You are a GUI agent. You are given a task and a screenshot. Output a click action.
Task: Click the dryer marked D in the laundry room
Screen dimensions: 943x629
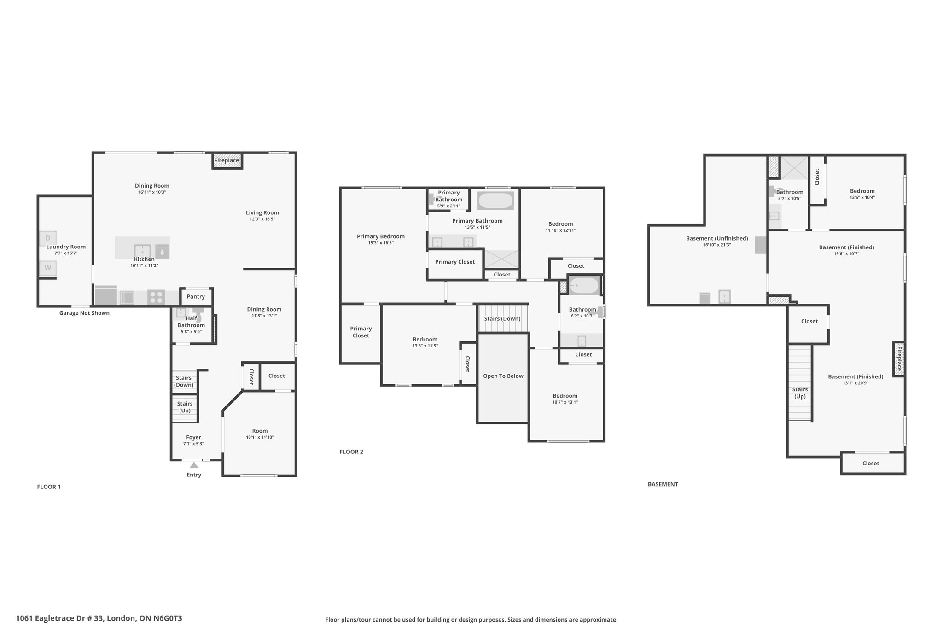(48, 238)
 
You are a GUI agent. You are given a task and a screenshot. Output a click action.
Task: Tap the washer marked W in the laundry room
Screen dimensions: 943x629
(48, 268)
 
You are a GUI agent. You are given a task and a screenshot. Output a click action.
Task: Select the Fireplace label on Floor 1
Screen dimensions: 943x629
(227, 160)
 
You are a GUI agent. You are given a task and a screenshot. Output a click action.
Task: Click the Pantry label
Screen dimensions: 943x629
(196, 297)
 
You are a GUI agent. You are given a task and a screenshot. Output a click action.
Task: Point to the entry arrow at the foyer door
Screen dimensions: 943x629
(194, 465)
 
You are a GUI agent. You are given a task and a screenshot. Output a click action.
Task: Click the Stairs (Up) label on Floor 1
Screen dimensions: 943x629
(185, 407)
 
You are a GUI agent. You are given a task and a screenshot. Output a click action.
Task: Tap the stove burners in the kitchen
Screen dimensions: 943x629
(157, 297)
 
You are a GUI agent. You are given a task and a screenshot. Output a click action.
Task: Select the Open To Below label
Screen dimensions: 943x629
(503, 376)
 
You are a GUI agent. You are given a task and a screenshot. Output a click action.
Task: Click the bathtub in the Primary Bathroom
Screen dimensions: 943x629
(495, 200)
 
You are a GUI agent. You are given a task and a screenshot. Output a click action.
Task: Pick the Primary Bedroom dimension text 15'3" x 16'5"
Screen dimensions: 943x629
(381, 243)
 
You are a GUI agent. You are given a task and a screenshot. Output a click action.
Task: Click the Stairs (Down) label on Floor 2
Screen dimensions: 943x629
(502, 319)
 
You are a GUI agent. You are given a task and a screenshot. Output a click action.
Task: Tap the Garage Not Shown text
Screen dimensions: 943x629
(84, 313)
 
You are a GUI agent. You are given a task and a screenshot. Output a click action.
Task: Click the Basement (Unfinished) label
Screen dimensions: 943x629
(717, 238)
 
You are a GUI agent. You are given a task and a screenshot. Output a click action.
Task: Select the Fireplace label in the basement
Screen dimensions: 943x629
(899, 359)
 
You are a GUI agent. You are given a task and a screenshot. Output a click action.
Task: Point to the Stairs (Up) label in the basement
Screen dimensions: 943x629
(800, 393)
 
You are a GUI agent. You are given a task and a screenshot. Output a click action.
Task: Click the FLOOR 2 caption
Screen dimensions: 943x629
(351, 452)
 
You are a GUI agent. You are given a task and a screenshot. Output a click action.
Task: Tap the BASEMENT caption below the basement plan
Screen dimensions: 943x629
(663, 484)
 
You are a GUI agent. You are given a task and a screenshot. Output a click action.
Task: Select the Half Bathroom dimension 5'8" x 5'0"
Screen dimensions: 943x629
(191, 332)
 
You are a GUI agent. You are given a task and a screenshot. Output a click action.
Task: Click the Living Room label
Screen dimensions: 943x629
(262, 212)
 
